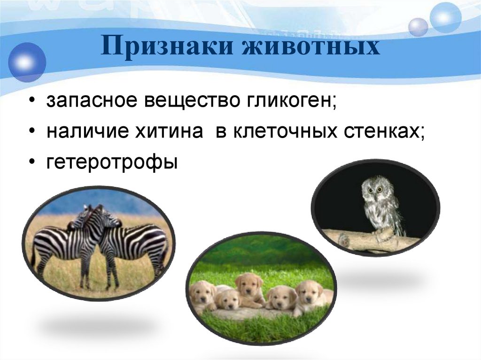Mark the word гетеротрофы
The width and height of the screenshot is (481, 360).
112,163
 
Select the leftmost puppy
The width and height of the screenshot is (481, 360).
202,295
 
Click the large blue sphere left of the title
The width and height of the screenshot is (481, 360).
27,62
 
